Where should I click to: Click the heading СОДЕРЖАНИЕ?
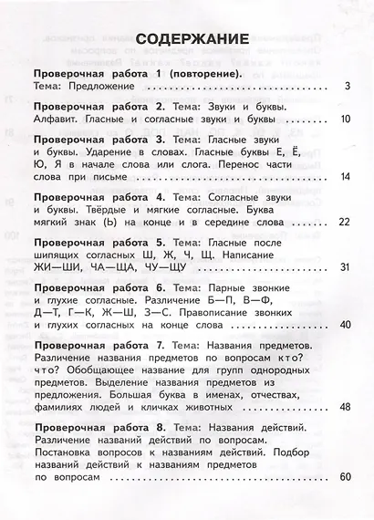click(187, 39)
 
